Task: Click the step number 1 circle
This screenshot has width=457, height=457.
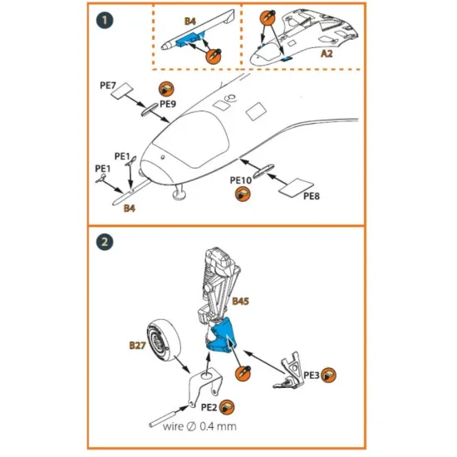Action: tap(105, 21)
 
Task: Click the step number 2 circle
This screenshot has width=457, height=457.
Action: tap(105, 242)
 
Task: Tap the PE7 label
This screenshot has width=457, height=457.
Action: tap(108, 86)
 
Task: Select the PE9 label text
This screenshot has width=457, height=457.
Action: tap(168, 104)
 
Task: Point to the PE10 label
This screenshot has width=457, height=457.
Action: tap(241, 180)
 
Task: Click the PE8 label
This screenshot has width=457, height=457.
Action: tap(312, 196)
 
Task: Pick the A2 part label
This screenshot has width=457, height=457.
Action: tap(327, 54)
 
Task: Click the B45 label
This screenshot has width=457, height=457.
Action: tap(240, 301)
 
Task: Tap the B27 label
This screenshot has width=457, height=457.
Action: tap(137, 346)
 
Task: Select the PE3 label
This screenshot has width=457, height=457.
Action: tap(312, 376)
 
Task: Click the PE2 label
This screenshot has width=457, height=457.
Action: tap(209, 407)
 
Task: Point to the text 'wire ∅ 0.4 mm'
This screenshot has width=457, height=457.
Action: tap(199, 426)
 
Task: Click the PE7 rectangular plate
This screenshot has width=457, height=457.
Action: tap(122, 91)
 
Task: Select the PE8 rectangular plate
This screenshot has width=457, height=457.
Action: tap(296, 187)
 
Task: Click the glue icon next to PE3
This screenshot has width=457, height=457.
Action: tap(328, 375)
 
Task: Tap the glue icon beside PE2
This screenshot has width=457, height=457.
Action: tap(227, 407)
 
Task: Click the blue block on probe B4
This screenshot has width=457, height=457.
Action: tap(188, 40)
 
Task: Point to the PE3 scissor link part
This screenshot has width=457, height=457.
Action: tap(288, 371)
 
